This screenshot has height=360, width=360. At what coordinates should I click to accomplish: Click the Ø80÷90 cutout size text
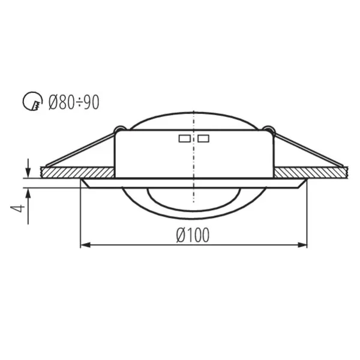tap(74, 103)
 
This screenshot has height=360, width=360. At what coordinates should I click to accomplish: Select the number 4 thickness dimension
tap(20, 208)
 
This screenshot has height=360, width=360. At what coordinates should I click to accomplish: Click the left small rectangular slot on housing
tap(184, 139)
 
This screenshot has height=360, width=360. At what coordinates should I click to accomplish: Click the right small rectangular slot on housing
tap(203, 139)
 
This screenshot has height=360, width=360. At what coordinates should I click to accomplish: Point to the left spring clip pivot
tap(119, 129)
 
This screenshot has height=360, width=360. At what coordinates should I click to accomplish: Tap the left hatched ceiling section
tap(78, 172)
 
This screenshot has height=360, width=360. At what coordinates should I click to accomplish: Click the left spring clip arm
tap(81, 149)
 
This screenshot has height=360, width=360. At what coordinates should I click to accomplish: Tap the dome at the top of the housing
tap(193, 120)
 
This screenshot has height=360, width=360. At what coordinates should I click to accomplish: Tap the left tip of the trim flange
tap(83, 181)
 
